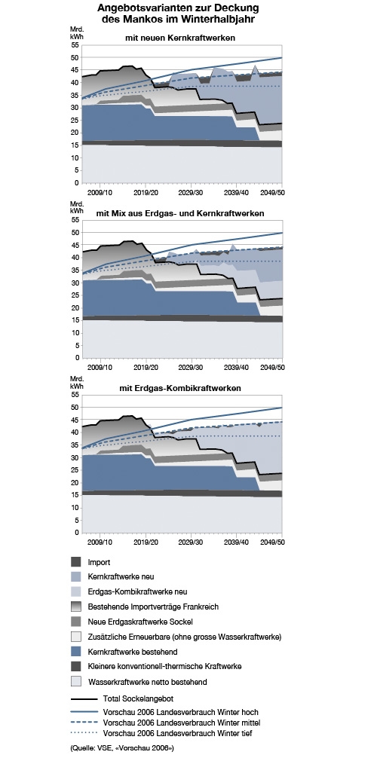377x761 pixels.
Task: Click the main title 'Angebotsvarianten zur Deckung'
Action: [177, 8]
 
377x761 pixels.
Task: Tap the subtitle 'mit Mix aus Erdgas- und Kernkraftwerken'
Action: [180, 213]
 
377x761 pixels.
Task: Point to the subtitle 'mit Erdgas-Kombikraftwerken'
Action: [179, 389]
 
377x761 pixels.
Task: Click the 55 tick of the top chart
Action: [75, 45]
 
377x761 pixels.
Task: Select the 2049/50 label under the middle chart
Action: [273, 367]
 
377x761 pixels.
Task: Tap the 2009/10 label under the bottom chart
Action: [100, 542]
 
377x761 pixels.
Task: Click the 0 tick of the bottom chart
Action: [77, 533]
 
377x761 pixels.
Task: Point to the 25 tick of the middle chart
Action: [75, 295]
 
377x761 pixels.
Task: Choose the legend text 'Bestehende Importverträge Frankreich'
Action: [153, 607]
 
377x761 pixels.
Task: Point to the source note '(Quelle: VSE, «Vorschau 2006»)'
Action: [122, 748]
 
